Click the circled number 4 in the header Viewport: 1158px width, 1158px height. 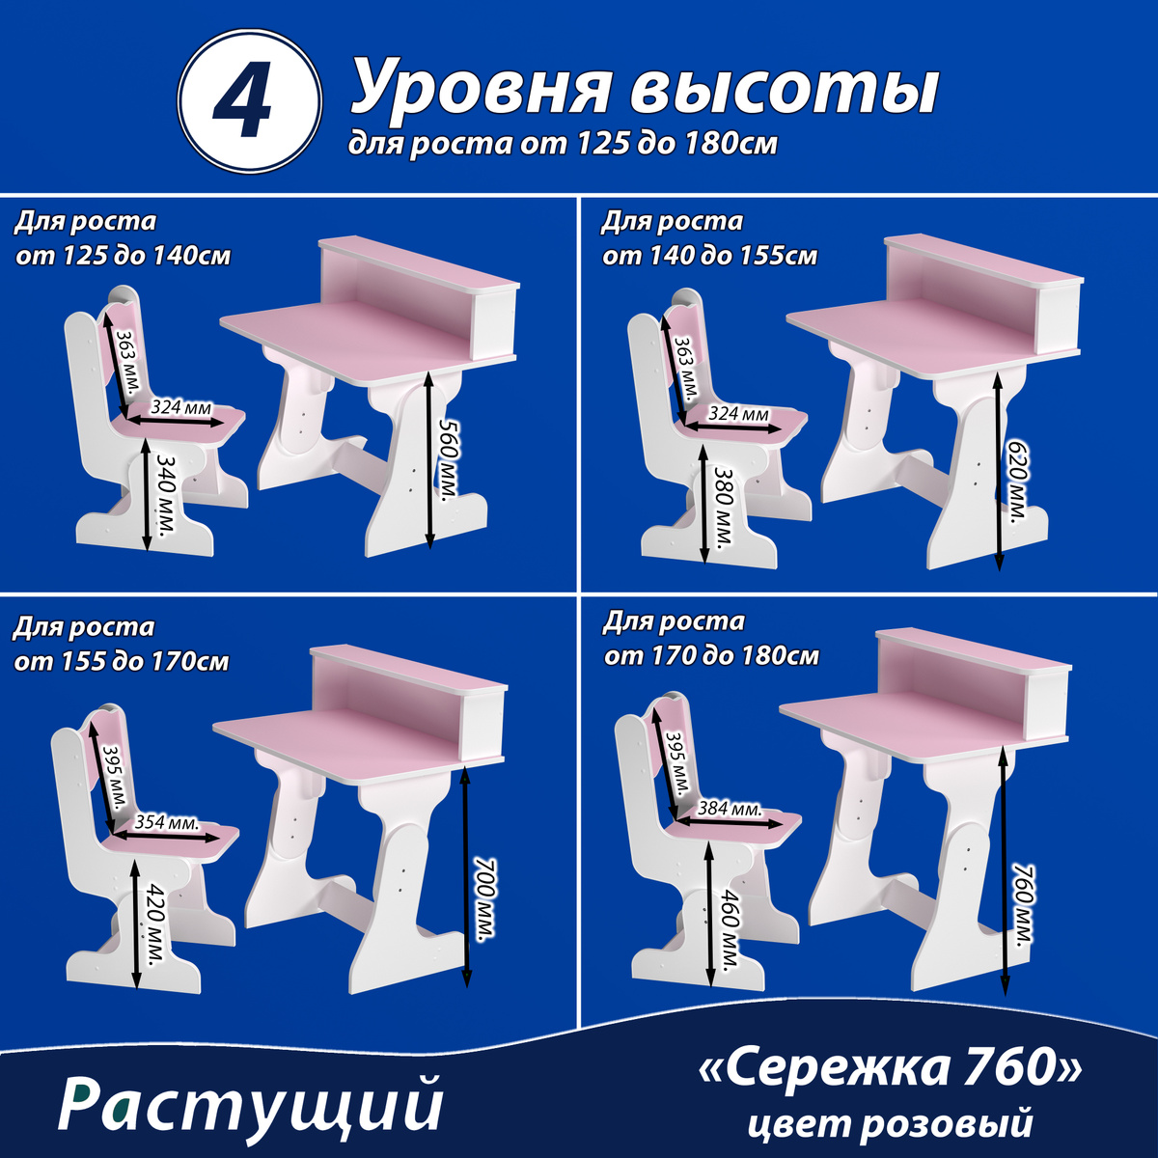pos(249,101)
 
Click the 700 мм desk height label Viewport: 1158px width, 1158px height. pos(485,900)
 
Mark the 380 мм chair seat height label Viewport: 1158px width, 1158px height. pos(723,508)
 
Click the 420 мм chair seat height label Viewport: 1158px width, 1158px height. pos(155,926)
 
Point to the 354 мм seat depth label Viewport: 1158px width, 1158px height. pos(167,821)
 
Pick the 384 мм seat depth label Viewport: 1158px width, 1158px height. pos(730,809)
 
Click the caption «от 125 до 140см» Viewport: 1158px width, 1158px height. pos(124,257)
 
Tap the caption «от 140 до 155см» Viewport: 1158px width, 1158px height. pos(709,257)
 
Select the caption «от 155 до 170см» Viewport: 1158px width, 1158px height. pos(122,662)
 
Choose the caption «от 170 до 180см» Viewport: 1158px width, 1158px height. pos(711,656)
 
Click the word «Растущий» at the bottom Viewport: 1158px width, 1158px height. pos(251,1106)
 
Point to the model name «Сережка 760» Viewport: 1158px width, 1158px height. pos(890,1069)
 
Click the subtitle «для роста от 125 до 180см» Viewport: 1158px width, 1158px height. pos(563,144)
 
